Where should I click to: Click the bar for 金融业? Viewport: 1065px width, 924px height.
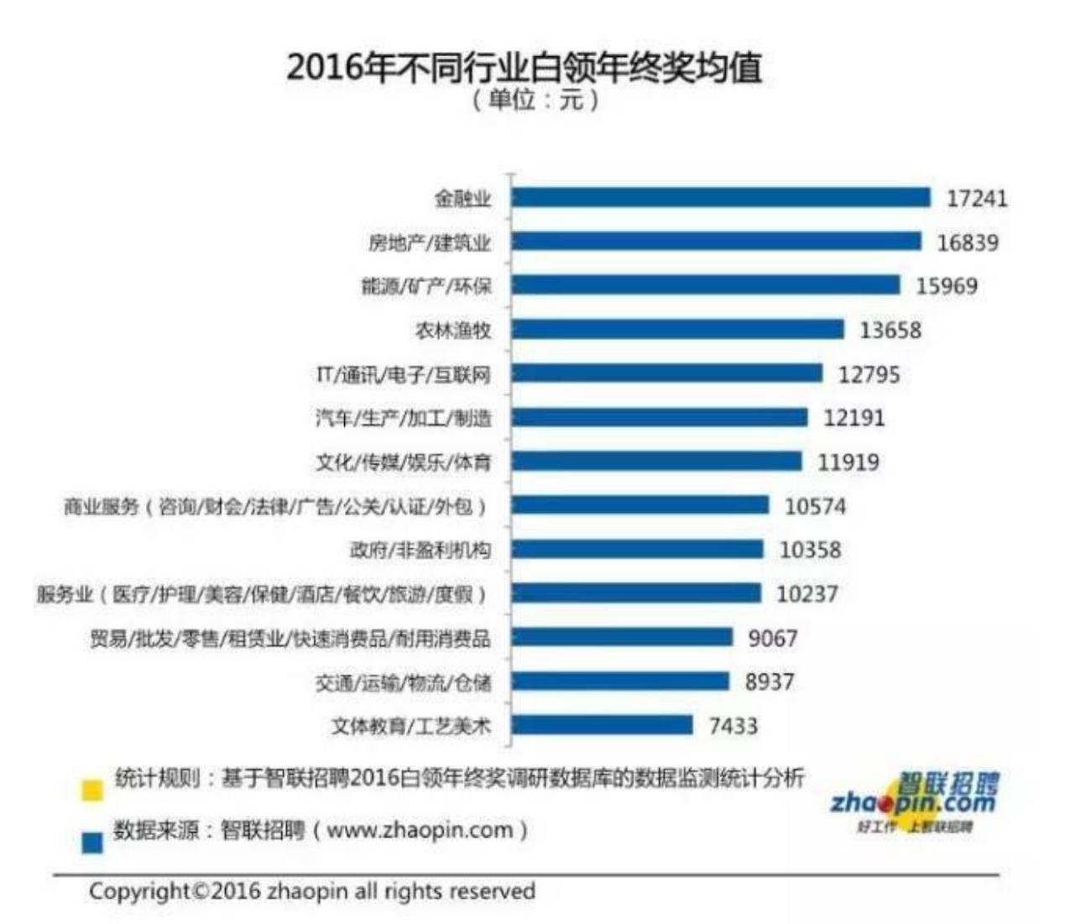coord(720,197)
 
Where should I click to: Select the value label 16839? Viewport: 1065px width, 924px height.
coord(968,243)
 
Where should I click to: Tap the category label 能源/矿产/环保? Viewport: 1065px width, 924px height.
coord(426,286)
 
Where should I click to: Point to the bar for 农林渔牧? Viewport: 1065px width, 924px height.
coord(677,329)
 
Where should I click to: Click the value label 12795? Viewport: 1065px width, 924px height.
coord(869,374)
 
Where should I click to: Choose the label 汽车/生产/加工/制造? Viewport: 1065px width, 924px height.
coord(403,418)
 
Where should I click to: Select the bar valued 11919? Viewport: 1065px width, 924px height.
coord(656,461)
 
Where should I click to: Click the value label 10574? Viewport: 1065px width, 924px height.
coord(815,506)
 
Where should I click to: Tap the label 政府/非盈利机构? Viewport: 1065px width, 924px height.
coord(420,550)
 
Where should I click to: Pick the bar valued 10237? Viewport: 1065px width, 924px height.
coord(636,593)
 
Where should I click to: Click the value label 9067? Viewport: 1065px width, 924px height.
coord(772,638)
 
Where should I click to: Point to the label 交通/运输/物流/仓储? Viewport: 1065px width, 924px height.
coord(403,682)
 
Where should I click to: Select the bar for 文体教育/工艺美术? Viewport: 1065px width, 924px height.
coord(602,724)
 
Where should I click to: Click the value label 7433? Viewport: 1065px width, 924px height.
coord(733,725)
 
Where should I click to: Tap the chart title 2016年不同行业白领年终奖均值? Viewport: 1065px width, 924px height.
coord(524,67)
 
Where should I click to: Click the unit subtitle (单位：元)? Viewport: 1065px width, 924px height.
coord(535,101)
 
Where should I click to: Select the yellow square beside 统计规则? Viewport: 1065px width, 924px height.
coord(92,790)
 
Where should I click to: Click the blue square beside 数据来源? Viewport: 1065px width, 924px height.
coord(92,842)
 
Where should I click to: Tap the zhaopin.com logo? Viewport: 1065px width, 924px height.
coord(915,802)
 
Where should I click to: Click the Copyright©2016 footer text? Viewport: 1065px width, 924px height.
coord(312,890)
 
